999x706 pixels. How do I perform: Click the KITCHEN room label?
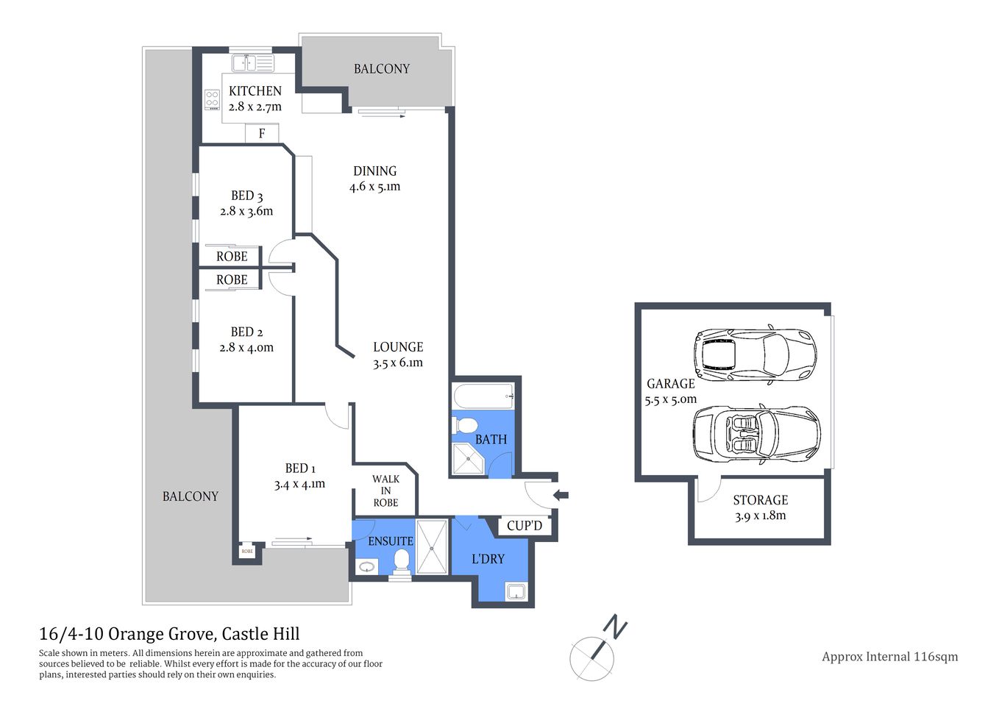[255, 91]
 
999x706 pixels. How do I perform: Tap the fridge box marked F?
[261, 134]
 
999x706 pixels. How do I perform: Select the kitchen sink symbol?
[252, 63]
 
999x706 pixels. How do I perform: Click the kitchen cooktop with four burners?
[213, 99]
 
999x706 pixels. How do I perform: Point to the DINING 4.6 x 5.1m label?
[374, 179]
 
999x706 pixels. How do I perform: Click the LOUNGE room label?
[398, 347]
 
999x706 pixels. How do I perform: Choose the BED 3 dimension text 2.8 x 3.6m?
[246, 211]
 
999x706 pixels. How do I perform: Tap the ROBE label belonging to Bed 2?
[232, 280]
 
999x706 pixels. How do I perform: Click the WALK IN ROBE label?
[385, 491]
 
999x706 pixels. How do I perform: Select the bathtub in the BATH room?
[483, 398]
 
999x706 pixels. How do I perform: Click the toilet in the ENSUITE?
[402, 561]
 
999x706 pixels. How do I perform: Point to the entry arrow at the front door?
[561, 495]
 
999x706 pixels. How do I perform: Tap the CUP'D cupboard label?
[525, 526]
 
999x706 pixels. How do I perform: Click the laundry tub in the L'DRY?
[516, 591]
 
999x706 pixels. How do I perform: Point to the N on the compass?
[615, 627]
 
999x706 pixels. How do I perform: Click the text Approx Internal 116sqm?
[889, 657]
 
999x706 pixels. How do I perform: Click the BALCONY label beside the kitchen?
[381, 69]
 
